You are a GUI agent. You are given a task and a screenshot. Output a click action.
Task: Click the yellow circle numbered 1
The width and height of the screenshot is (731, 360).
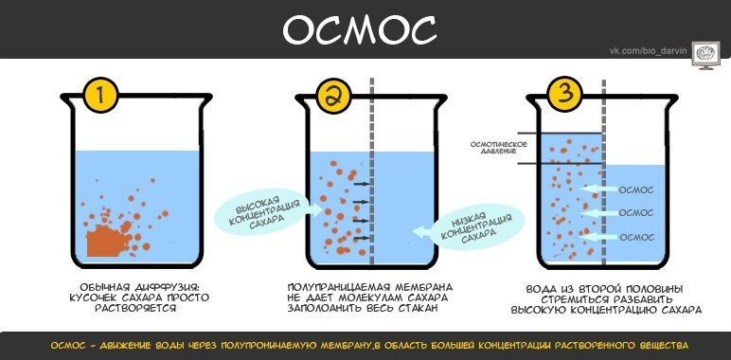(100, 96)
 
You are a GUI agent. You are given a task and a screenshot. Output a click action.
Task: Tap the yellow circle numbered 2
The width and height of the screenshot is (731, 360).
(333, 96)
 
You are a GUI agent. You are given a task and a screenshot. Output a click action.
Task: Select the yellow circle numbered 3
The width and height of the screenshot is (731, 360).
(564, 95)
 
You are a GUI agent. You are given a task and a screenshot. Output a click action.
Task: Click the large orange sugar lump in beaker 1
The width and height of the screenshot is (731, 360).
(103, 240)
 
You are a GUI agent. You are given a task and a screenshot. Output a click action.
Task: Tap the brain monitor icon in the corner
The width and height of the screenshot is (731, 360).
(704, 54)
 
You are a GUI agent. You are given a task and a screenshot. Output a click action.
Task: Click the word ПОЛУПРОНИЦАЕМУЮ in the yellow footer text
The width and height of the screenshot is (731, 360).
(278, 345)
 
